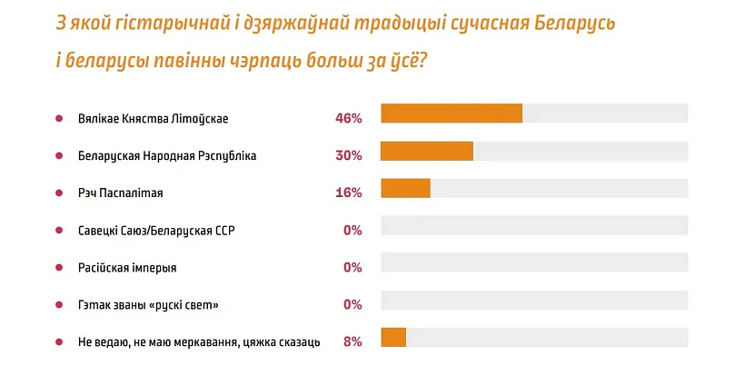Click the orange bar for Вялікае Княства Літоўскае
pyautogui.click(x=452, y=113)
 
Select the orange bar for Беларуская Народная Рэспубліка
pyautogui.click(x=427, y=151)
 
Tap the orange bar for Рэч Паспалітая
pyautogui.click(x=405, y=188)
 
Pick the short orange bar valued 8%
pyautogui.click(x=393, y=338)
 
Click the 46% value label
pyautogui.click(x=349, y=118)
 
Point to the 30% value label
pyautogui.click(x=349, y=155)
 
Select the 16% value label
pyautogui.click(x=349, y=193)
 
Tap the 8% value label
pyautogui.click(x=353, y=341)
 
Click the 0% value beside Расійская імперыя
pyautogui.click(x=353, y=267)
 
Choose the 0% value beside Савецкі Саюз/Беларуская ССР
pyautogui.click(x=353, y=230)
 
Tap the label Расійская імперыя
pyautogui.click(x=127, y=267)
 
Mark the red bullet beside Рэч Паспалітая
pyautogui.click(x=59, y=193)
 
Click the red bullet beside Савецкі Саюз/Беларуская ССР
pyautogui.click(x=59, y=230)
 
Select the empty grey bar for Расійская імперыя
pyautogui.click(x=534, y=262)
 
